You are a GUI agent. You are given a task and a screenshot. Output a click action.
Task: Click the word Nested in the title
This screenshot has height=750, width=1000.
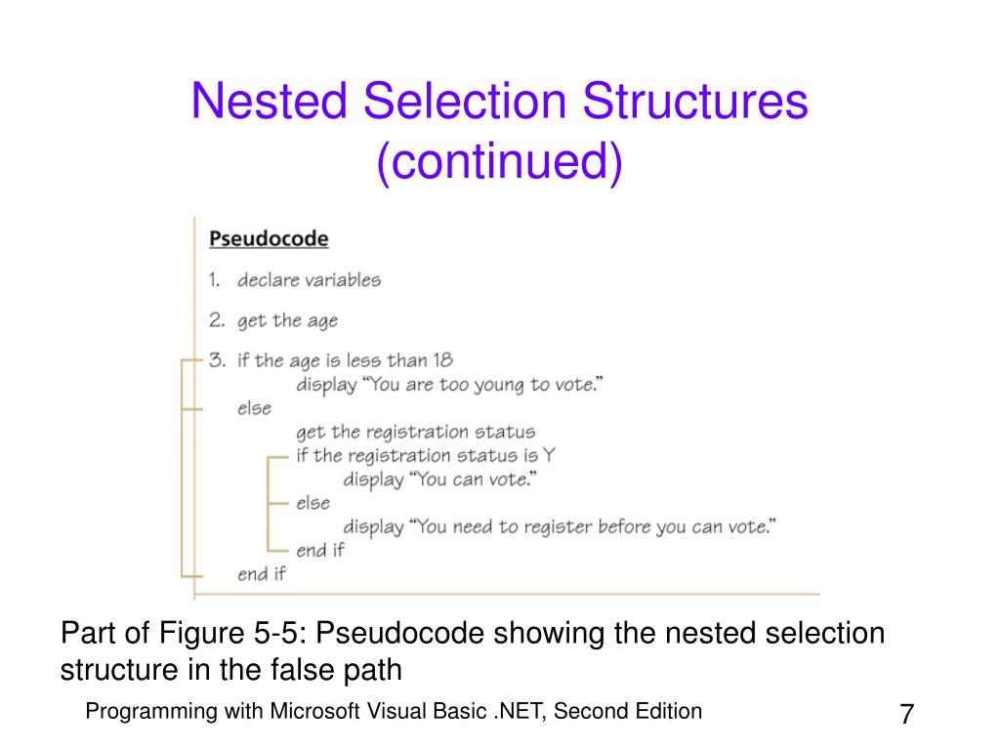pyautogui.click(x=271, y=102)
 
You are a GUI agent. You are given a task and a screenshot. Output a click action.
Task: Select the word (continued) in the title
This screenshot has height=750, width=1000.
pyautogui.click(x=499, y=161)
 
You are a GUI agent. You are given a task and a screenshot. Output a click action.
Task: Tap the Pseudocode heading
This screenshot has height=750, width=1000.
pyautogui.click(x=270, y=238)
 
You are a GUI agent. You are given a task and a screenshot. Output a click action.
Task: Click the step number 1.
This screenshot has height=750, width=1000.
pyautogui.click(x=214, y=279)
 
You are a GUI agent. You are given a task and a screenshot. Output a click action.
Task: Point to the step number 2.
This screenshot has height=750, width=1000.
pyautogui.click(x=216, y=320)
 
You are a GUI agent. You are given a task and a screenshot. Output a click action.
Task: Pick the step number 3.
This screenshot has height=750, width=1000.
pyautogui.click(x=216, y=360)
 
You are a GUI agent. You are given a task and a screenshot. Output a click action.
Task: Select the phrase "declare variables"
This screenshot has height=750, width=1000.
pyautogui.click(x=309, y=279)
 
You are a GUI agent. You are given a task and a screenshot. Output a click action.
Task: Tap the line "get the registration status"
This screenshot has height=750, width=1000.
pyautogui.click(x=415, y=431)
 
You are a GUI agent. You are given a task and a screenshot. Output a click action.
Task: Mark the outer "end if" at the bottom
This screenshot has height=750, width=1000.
pyautogui.click(x=261, y=573)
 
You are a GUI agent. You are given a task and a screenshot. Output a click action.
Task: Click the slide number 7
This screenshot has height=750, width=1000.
pyautogui.click(x=906, y=715)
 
